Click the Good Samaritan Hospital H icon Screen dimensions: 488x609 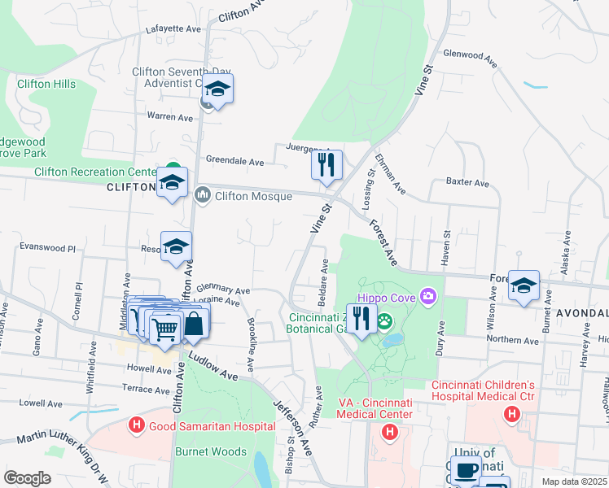[x=137, y=425]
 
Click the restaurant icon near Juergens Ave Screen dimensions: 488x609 [x=326, y=164]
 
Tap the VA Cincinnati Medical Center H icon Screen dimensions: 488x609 [x=389, y=430]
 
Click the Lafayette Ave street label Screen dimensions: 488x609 [x=173, y=28]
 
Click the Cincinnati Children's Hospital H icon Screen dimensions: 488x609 [x=511, y=415]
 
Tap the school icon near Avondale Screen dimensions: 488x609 [x=524, y=285]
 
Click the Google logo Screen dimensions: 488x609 [x=27, y=477]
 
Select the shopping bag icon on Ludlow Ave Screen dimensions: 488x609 [x=195, y=323]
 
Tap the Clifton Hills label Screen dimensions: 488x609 [x=46, y=84]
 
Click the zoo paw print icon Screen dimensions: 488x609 [x=384, y=321]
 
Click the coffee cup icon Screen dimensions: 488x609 [x=467, y=471]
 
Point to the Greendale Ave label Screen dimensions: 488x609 [x=234, y=162]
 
